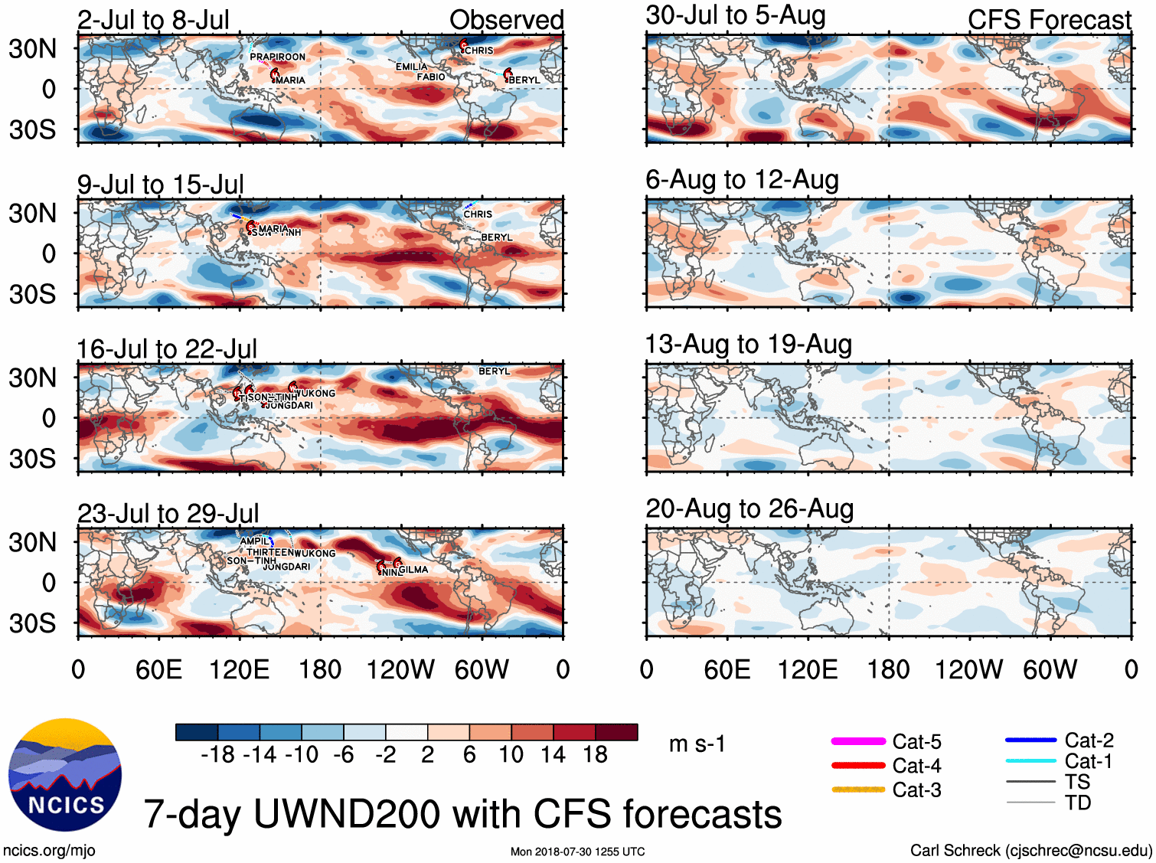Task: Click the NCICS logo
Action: coord(65,775)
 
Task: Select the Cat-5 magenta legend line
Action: coord(858,741)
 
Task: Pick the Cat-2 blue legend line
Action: coord(1030,740)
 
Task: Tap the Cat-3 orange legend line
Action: coord(858,789)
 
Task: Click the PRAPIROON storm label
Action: coord(277,57)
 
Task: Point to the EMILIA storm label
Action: coord(412,67)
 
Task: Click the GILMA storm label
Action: coord(413,569)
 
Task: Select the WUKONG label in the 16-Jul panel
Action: coord(315,393)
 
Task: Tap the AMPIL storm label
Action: coord(255,541)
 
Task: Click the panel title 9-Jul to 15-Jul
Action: coord(161,185)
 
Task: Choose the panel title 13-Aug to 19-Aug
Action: coord(749,345)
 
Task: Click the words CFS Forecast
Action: coord(1049,21)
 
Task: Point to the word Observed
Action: coord(506,21)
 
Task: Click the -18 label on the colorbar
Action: coord(217,755)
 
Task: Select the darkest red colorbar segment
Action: coord(616,732)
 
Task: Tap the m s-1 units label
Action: coord(697,744)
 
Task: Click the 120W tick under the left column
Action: coord(400,670)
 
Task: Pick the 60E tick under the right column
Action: coord(727,670)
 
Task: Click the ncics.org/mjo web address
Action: coord(49,850)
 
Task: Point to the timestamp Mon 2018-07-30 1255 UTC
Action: coord(577,852)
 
